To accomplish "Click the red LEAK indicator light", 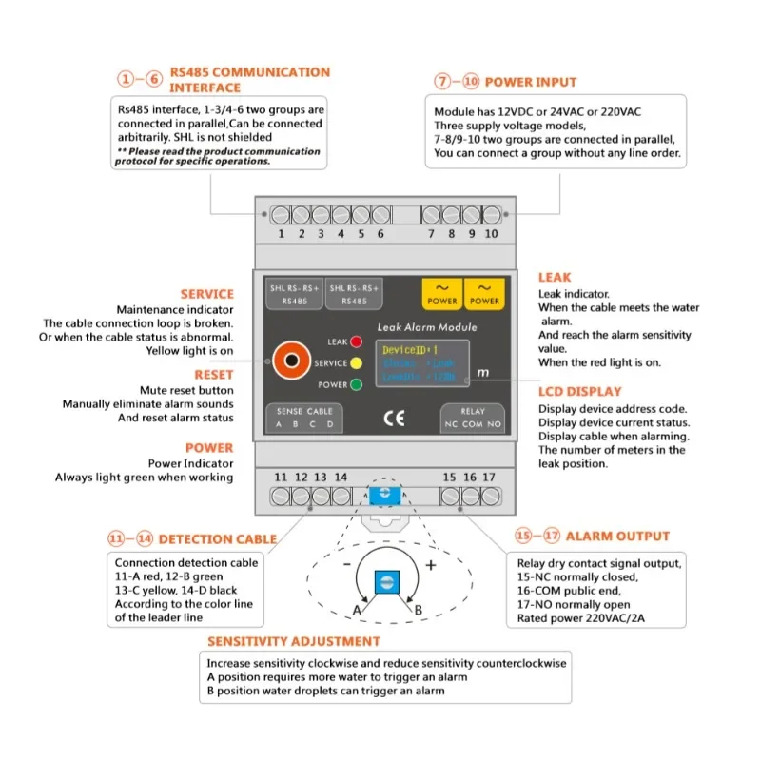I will coord(356,341).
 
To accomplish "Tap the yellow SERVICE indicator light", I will coord(356,363).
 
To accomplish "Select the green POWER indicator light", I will coord(356,385).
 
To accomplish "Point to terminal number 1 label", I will coord(282,234).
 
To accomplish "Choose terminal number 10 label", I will coord(491,234).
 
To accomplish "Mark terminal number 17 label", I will coord(489,477).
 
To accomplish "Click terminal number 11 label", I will coord(281,477).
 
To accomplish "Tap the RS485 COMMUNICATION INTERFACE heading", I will coord(249,80).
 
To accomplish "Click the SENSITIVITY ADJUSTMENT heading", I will coord(294,642).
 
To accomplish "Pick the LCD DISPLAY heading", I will coord(580,392).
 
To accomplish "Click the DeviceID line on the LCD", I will coord(406,350).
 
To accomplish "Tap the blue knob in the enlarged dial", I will coord(386,581).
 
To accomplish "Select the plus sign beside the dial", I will coord(430,565).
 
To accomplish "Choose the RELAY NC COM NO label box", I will coord(473,418).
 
